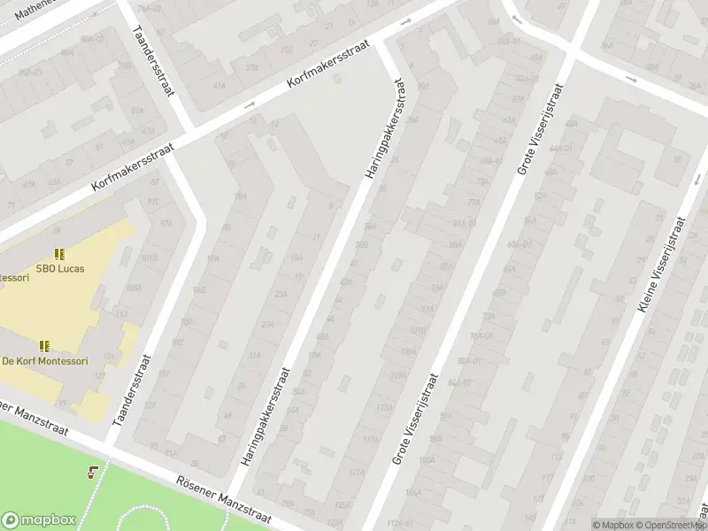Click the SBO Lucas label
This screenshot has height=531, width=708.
[x=60, y=268]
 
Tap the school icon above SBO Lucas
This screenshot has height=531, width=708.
[x=59, y=255]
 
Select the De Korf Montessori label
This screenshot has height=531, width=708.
[x=45, y=361]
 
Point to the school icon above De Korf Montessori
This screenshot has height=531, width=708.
[x=44, y=346]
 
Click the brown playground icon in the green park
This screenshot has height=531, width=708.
[x=93, y=472]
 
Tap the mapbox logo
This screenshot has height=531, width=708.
[x=39, y=520]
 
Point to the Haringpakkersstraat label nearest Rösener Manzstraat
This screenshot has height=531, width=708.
[x=265, y=417]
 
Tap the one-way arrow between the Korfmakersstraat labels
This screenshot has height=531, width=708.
[x=250, y=106]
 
